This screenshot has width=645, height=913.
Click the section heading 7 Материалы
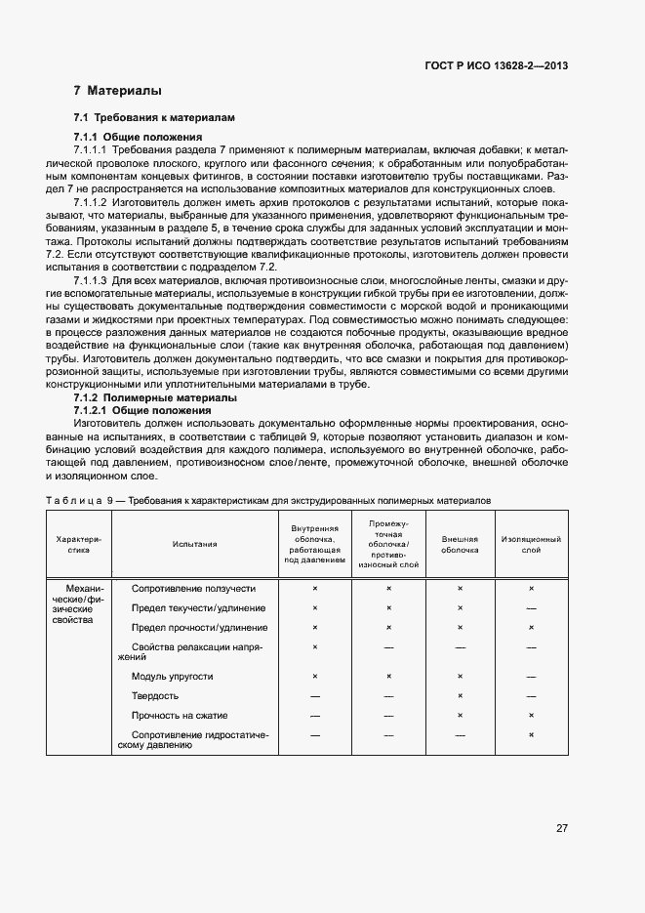(117, 91)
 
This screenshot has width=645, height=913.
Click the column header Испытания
(194, 544)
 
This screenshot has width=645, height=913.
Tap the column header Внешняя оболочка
(460, 544)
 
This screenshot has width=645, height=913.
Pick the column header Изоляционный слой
(531, 544)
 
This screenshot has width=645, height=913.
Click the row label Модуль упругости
(172, 676)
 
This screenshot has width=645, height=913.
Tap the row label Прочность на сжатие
(179, 716)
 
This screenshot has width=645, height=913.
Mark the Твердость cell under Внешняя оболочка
(460, 695)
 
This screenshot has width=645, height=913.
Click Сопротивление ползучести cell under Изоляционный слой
(531, 589)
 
